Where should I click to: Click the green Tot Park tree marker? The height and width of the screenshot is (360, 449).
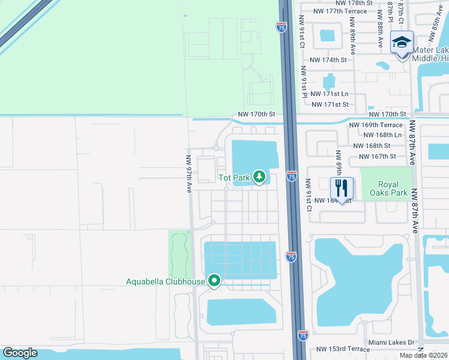tap(259, 176)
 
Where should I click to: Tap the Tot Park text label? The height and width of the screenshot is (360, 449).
tap(234, 177)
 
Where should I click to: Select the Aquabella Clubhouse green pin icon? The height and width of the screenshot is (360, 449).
tap(214, 280)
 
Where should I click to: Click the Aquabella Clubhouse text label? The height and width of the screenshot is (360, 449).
tap(165, 281)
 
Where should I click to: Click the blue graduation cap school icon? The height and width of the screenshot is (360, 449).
tap(402, 43)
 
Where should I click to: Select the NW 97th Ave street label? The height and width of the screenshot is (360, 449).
tap(188, 174)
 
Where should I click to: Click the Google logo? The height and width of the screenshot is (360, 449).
tap(20, 353)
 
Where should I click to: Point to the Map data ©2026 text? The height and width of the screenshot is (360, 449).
tap(423, 355)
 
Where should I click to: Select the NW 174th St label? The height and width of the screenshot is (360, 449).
tap(328, 60)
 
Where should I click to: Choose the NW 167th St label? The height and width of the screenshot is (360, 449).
tap(378, 156)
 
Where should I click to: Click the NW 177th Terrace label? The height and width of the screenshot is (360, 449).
tap(344, 11)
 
